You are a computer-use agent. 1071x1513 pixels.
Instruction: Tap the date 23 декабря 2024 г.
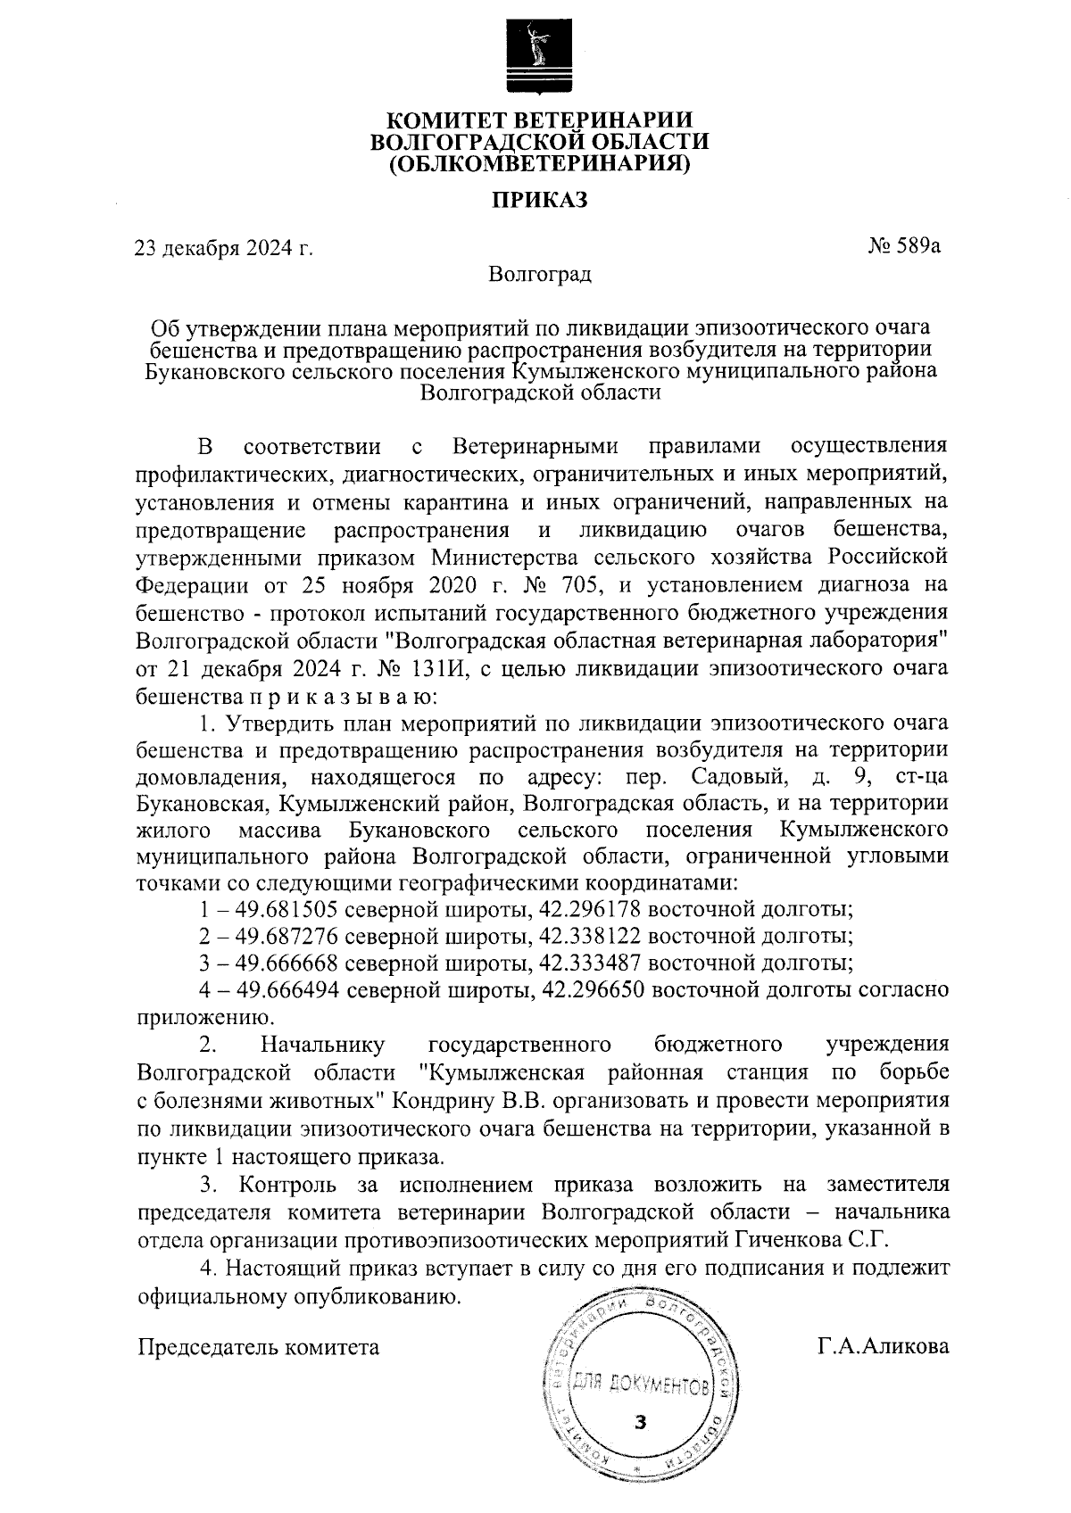[223, 248]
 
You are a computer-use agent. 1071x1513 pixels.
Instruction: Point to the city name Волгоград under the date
[540, 274]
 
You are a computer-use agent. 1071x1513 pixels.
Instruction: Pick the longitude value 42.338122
[590, 937]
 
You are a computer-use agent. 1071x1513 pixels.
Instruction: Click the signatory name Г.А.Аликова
[884, 1347]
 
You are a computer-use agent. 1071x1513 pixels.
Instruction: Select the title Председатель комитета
[258, 1347]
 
